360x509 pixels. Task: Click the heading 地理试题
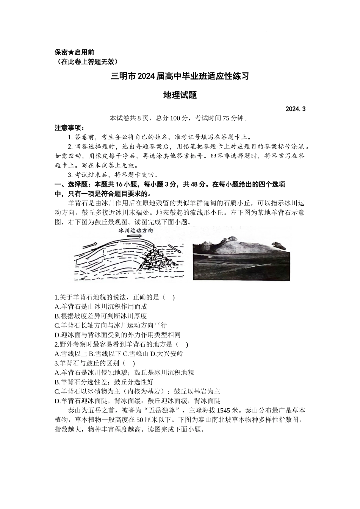[x=180, y=95]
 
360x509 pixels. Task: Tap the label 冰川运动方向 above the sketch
[x=136, y=230]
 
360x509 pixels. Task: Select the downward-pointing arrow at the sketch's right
[x=172, y=248]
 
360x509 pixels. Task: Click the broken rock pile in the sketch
[x=155, y=259]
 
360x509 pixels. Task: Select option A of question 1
[x=101, y=306]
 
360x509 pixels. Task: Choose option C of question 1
[x=110, y=325]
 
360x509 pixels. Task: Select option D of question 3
[x=137, y=401]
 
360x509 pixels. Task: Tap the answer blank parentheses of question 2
[x=182, y=344]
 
